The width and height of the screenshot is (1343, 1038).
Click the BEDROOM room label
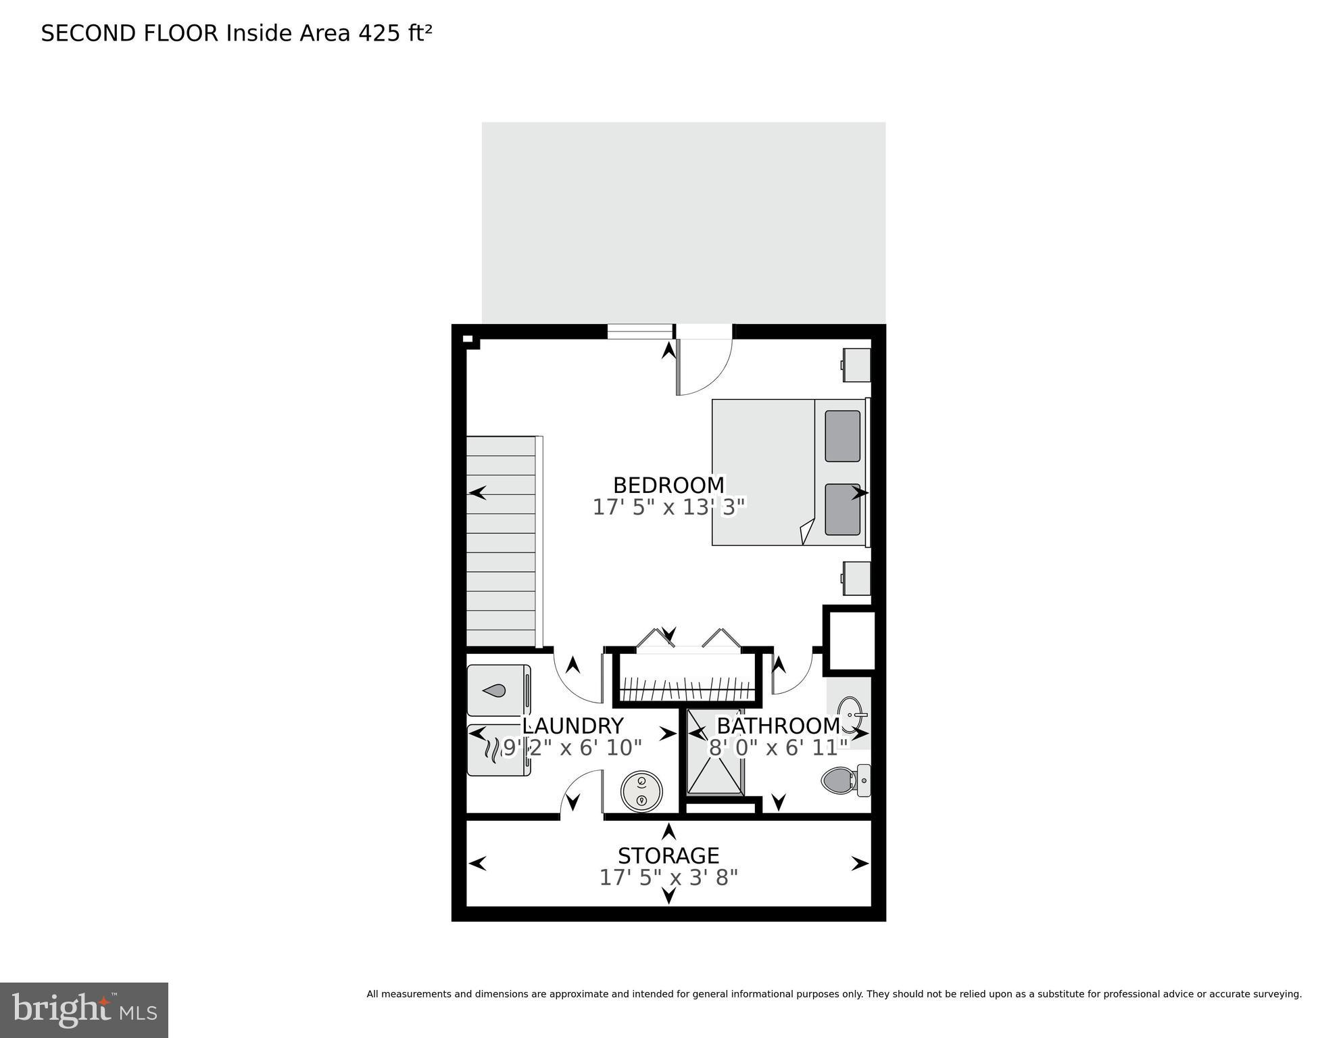point(668,486)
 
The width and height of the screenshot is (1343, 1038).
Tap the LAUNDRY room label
point(572,726)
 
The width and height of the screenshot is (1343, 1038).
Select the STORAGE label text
point(668,855)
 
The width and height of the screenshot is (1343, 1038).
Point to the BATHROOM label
point(777,726)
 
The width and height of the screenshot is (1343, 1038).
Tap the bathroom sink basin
point(850,713)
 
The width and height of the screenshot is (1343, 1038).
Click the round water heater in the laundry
point(641,791)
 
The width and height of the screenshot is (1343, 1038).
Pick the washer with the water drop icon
point(499,690)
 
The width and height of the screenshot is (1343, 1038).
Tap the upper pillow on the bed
point(842,436)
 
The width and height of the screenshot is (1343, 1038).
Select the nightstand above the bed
point(856,365)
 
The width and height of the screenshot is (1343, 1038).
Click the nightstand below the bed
point(856,578)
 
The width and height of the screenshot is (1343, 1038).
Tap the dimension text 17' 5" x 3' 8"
point(668,878)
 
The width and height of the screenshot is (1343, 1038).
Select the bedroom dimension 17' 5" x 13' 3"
point(668,507)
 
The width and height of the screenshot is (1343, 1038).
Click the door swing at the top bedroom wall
point(703,365)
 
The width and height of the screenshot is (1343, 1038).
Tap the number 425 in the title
point(380,33)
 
